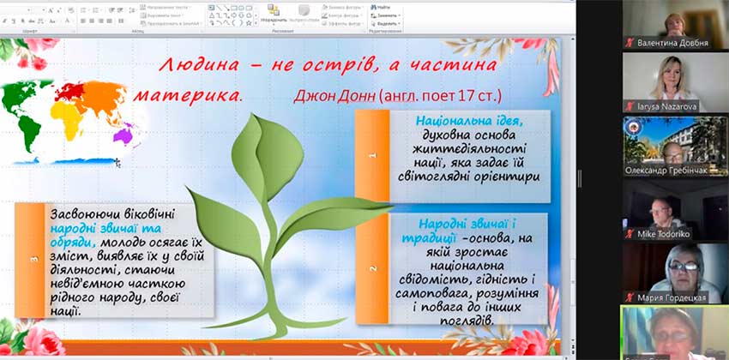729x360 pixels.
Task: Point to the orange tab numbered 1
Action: (372, 156)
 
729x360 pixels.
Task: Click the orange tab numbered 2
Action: (372, 268)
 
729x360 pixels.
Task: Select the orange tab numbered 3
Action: (33, 257)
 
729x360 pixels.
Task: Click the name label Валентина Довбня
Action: (678, 42)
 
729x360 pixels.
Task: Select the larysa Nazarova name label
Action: (670, 106)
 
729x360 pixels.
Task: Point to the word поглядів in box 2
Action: (464, 321)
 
